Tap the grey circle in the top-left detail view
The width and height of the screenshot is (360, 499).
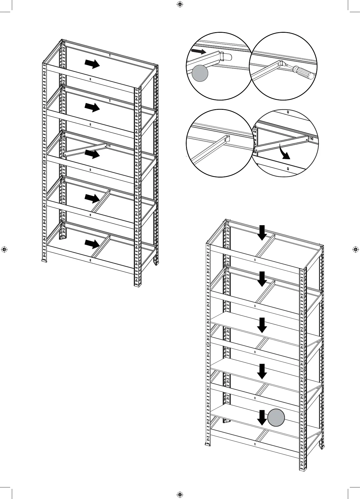coord(200,73)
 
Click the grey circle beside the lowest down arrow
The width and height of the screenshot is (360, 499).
coord(276,417)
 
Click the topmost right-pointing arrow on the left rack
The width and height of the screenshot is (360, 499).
coord(92,64)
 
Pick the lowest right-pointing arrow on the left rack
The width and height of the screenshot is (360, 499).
coord(92,243)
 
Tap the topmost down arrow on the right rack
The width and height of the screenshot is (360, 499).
coord(262,233)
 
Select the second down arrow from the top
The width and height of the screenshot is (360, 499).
coord(262,279)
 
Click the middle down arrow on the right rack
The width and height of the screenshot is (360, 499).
coord(262,325)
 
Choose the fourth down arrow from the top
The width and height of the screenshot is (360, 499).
coord(262,371)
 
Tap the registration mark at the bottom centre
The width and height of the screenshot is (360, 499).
coord(180,494)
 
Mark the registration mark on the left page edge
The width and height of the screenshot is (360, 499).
coord(4,249)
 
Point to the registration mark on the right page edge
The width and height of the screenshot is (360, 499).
coord(356,249)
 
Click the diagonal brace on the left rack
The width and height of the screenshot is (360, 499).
coord(85,150)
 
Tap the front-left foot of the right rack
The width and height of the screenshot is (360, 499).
coord(208,445)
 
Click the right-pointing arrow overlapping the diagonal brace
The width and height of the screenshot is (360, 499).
coord(92,154)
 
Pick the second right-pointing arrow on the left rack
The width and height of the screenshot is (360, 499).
coord(92,108)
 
